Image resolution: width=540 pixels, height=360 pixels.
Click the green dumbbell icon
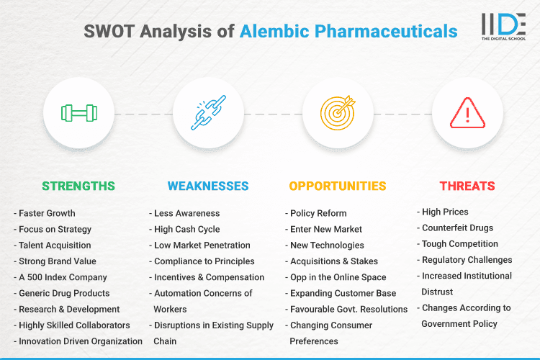[79, 113]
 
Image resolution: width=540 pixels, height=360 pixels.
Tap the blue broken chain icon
[208, 113]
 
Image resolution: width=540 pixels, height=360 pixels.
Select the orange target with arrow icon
[338, 113]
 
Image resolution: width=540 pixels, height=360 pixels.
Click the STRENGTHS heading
[78, 186]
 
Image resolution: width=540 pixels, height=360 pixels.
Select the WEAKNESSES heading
[208, 186]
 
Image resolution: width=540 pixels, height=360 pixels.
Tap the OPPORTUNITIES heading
[338, 186]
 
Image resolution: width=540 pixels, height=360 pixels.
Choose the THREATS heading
[467, 186]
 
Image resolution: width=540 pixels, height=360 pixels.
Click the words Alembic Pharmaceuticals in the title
[348, 31]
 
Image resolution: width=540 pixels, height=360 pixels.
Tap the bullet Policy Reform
[318, 213]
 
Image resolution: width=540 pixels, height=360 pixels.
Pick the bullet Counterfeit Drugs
[456, 228]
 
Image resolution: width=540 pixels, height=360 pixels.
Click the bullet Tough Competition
[459, 243]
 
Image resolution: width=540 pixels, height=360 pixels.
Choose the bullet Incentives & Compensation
[209, 277]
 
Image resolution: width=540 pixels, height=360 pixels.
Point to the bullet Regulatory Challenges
[467, 259]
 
